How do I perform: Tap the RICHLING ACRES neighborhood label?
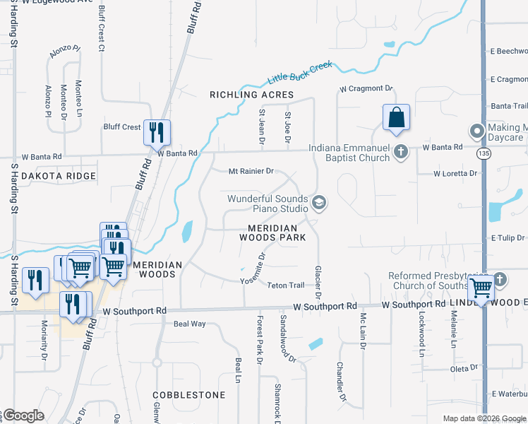251,95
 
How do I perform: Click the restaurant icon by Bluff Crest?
157,131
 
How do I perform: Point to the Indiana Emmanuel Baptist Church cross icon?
401,151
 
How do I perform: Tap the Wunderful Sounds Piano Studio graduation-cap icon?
319,203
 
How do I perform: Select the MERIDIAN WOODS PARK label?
277,232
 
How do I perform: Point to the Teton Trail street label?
286,285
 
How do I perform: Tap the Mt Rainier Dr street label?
251,171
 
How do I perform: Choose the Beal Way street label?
189,324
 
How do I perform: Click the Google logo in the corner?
23,416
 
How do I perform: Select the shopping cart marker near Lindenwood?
481,288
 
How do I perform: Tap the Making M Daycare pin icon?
476,131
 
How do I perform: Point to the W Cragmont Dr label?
366,88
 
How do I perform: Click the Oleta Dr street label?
464,368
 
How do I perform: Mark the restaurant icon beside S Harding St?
33,280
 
